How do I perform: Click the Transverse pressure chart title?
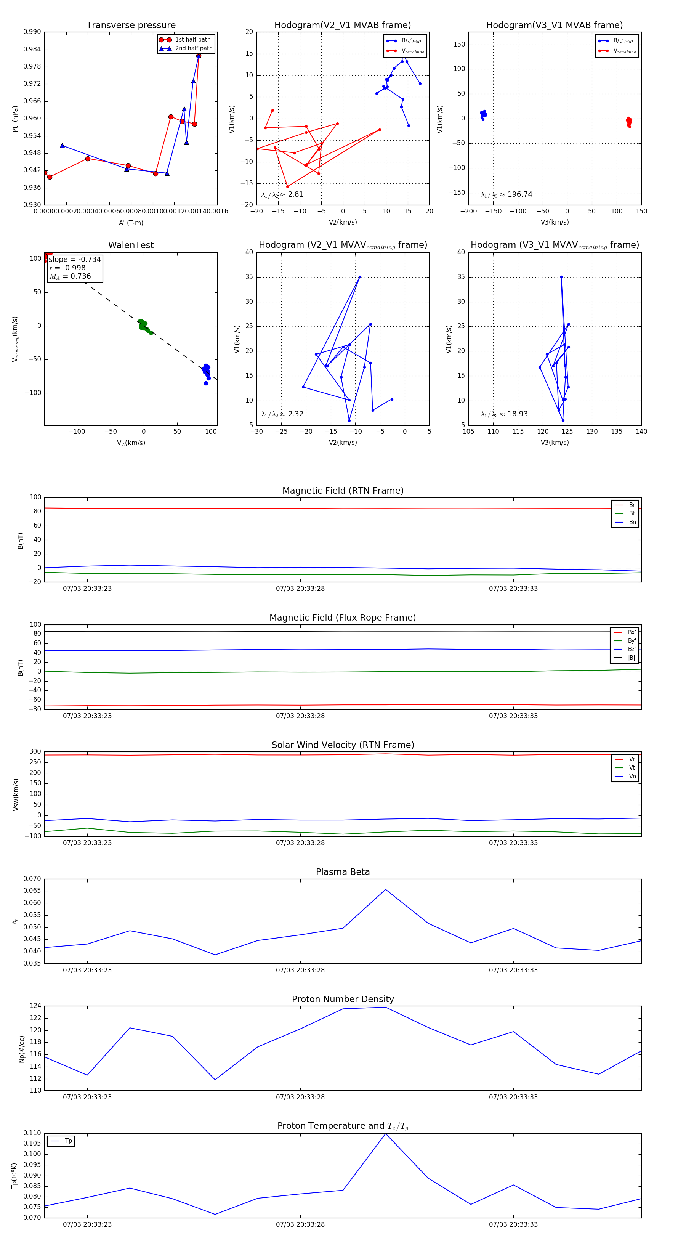pos(131,26)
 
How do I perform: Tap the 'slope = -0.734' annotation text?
pos(75,259)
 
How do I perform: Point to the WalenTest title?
pos(131,245)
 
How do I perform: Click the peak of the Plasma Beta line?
pos(385,889)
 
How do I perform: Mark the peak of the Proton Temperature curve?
pos(385,1133)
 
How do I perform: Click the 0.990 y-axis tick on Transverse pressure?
pos(32,32)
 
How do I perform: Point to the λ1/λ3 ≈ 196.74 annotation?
pos(506,194)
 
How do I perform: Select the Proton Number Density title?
pos(343,999)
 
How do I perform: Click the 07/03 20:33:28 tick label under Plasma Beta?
pos(300,970)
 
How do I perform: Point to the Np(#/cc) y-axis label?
pos(21,1048)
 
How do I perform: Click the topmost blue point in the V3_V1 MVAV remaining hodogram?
pos(561,277)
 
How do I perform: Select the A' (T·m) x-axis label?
pos(131,223)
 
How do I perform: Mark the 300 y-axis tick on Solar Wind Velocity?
pos(35,752)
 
